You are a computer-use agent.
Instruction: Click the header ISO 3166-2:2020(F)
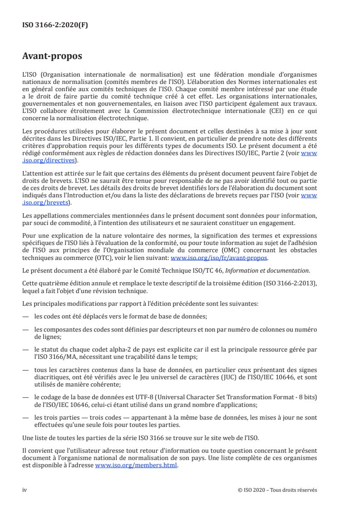pos(55,25)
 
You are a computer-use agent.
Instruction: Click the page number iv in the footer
pos(25,490)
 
